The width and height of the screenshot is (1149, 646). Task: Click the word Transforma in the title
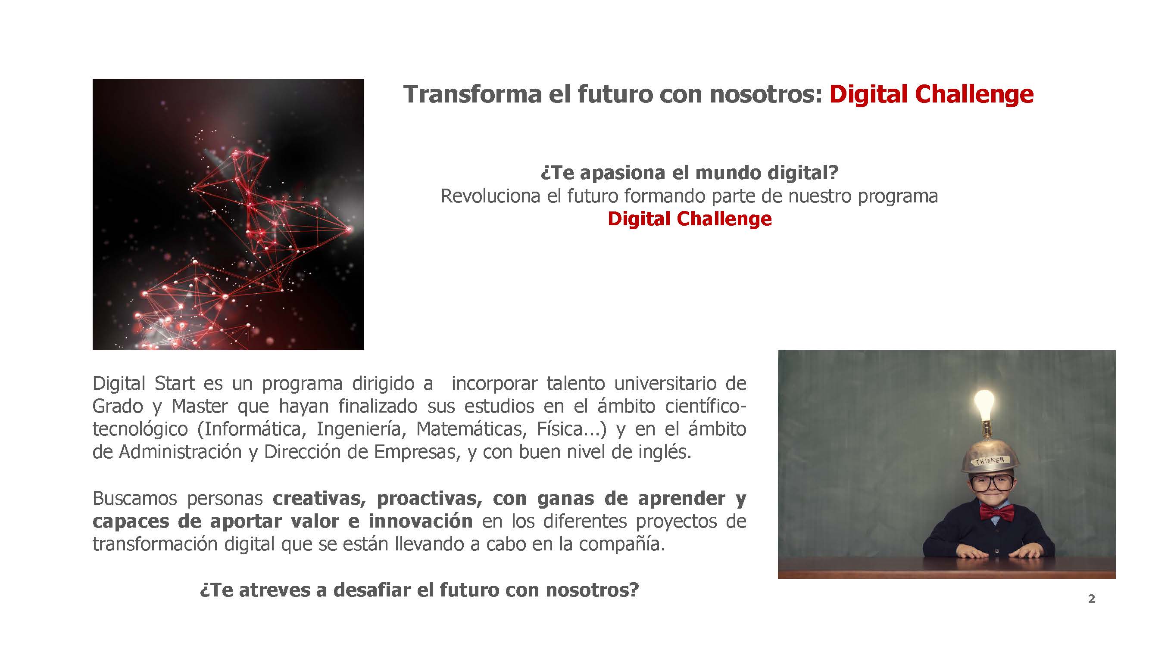(x=472, y=94)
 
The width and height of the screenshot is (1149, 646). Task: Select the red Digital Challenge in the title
(x=931, y=95)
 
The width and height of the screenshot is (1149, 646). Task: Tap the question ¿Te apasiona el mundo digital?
(x=690, y=173)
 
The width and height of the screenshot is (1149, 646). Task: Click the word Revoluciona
(x=490, y=196)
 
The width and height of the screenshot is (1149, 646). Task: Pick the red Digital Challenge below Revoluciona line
(x=690, y=219)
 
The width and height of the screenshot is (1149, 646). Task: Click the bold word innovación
(x=421, y=521)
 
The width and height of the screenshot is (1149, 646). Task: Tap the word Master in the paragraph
(x=200, y=406)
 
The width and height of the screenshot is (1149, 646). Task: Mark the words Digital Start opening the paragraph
(x=144, y=383)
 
